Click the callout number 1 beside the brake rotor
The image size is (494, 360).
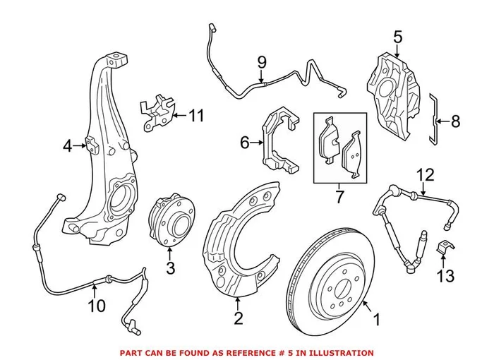coord(376,320)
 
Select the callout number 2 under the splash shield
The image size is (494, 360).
coord(238,318)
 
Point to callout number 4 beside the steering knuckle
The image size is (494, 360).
coord(67,146)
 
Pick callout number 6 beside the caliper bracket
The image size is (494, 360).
coord(245,143)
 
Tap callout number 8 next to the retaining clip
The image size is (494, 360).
coord(455,121)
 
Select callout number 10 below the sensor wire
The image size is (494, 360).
coord(97,306)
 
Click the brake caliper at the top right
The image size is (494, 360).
coord(395,92)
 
